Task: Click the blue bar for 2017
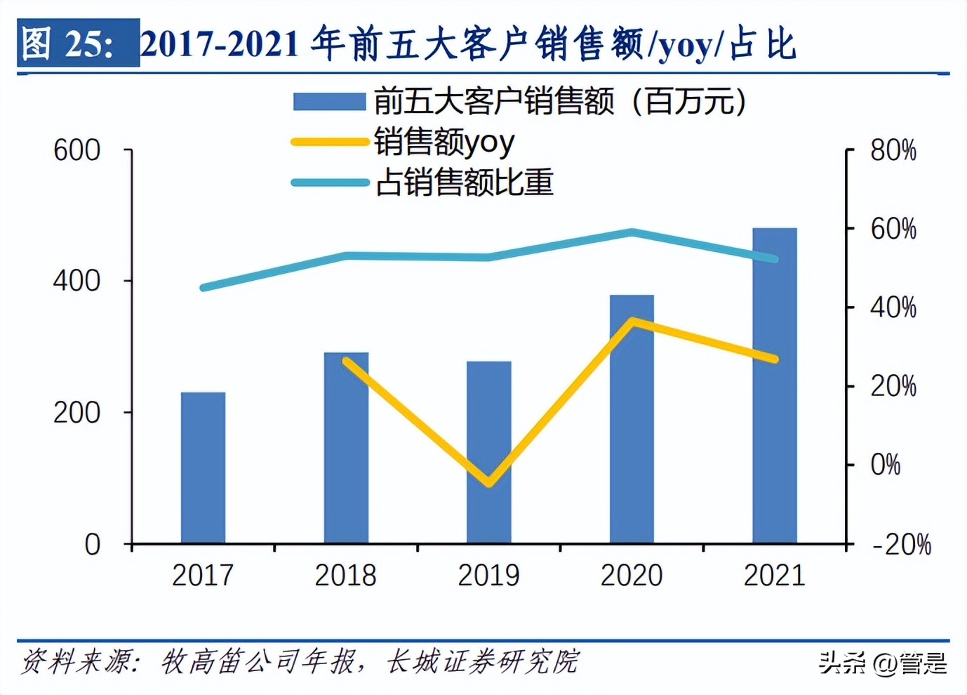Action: coord(203,468)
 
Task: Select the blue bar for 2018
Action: coord(346,447)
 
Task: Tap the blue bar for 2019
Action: coord(489,452)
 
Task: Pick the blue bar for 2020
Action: coord(632,418)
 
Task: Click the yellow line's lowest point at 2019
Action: coord(489,482)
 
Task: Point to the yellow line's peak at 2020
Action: coord(632,322)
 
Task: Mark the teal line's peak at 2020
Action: coord(632,232)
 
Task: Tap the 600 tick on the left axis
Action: coord(77,150)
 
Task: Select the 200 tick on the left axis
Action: coord(77,413)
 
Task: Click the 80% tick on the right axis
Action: coord(893,150)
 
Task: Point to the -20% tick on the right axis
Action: coord(901,544)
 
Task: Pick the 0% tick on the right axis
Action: coord(885,465)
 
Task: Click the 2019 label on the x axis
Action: coord(488,576)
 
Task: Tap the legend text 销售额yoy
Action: coord(444,143)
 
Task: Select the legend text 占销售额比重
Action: coord(464,183)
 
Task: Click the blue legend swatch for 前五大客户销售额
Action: coord(329,102)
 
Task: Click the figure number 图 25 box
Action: coord(78,44)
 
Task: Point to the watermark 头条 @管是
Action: coord(882,662)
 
